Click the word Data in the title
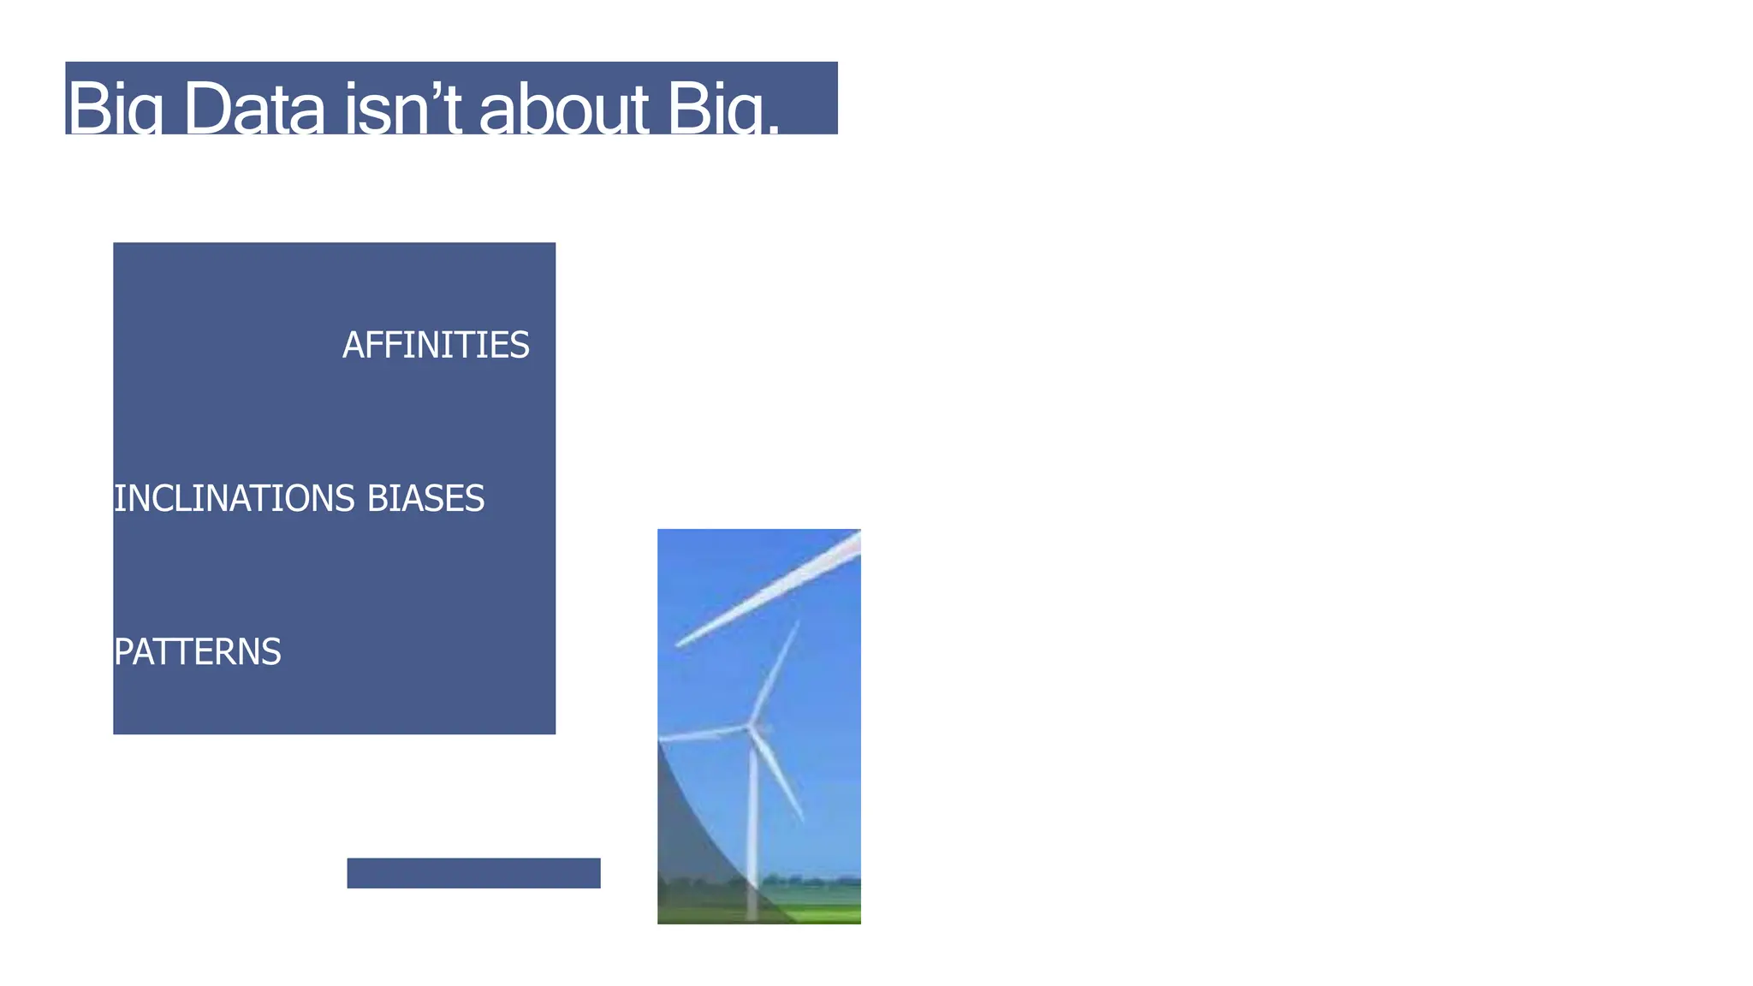(x=254, y=109)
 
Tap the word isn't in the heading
(x=403, y=109)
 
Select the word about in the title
(x=564, y=109)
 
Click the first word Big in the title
(x=115, y=109)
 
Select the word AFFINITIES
(x=436, y=346)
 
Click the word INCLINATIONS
(x=234, y=499)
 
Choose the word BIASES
(x=425, y=499)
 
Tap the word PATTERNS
(x=197, y=652)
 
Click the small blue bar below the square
(x=473, y=873)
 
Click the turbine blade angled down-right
(x=780, y=775)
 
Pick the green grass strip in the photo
(x=822, y=913)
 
